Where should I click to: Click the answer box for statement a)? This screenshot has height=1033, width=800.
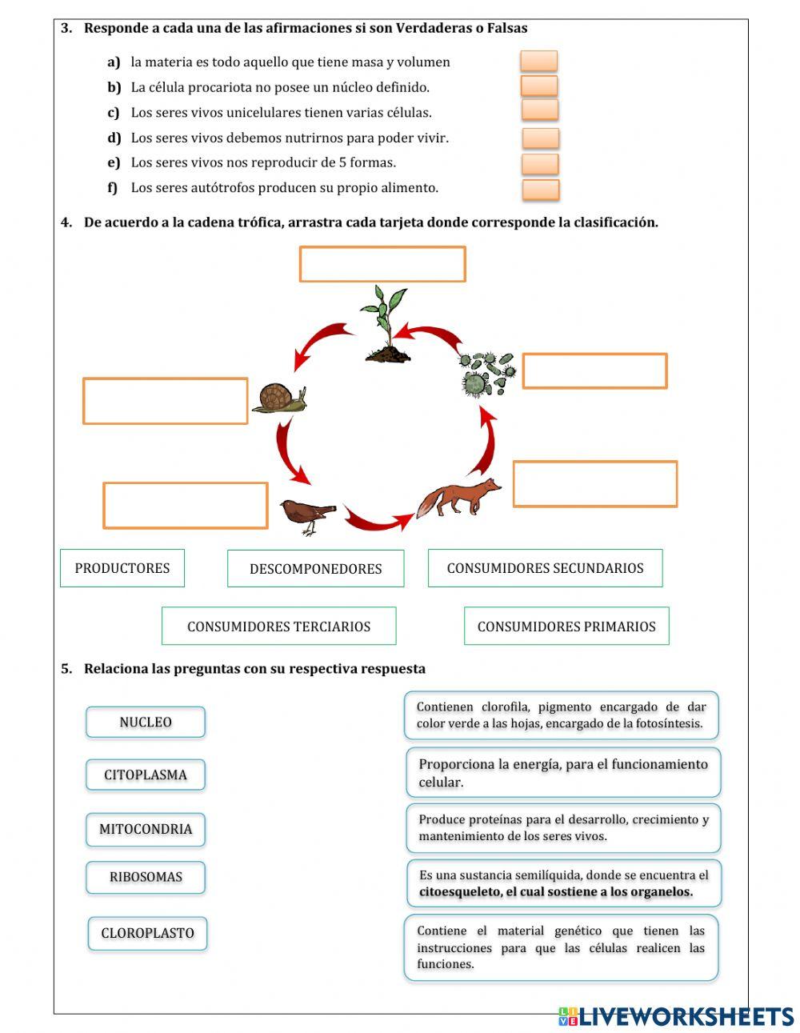[x=538, y=61]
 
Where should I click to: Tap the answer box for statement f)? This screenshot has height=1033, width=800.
[x=541, y=190]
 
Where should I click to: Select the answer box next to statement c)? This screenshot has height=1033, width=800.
[x=540, y=110]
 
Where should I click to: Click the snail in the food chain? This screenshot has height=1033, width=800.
[x=280, y=398]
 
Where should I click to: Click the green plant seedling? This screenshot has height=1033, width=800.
[x=386, y=324]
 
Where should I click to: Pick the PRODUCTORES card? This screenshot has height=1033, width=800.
[x=122, y=568]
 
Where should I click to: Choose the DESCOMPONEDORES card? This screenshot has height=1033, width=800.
[x=315, y=569]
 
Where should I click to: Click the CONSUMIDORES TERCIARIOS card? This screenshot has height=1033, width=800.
[x=278, y=626]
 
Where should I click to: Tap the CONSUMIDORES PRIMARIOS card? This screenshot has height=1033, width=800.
[x=566, y=626]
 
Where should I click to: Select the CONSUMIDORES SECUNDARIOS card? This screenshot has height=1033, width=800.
[x=545, y=568]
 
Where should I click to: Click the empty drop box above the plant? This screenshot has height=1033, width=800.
[x=382, y=264]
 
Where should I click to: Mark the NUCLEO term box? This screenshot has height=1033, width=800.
[x=146, y=722]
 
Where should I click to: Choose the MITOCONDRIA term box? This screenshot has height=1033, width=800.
[x=146, y=829]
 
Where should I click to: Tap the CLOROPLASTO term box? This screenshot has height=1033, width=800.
[x=147, y=933]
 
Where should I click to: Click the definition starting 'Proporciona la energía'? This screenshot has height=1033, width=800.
[x=563, y=773]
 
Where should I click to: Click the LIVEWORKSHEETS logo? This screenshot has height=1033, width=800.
[x=675, y=1016]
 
